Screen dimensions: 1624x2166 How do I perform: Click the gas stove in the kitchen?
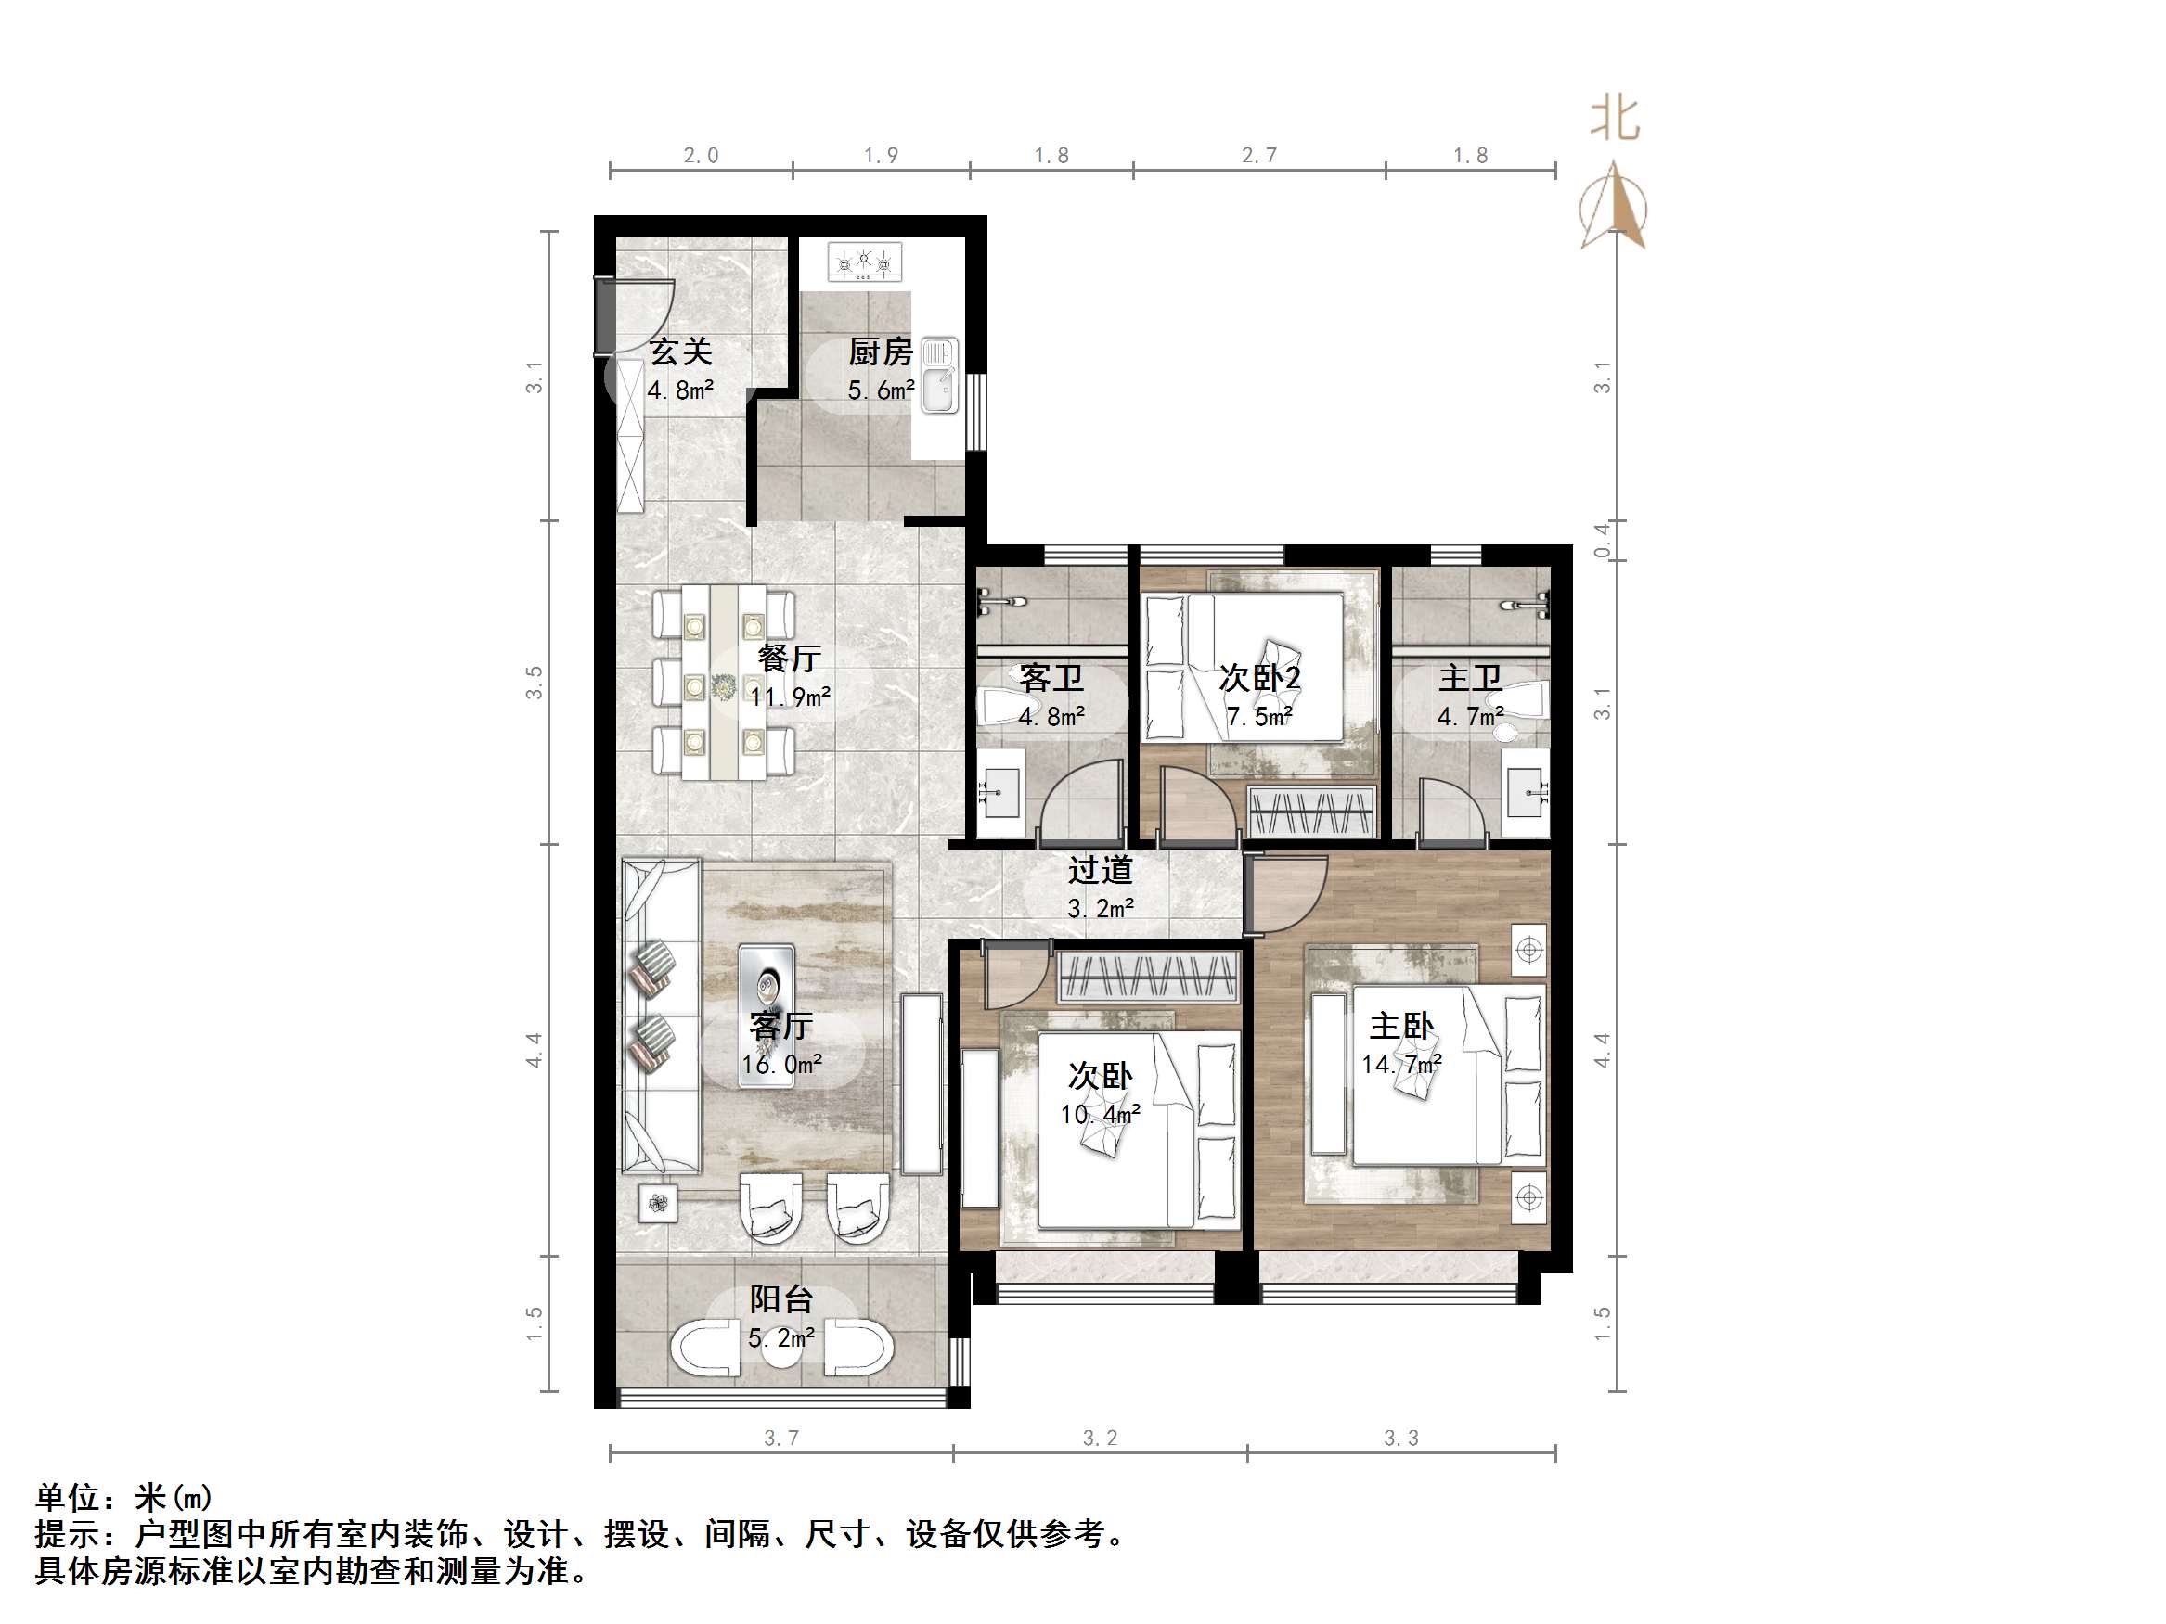pyautogui.click(x=865, y=262)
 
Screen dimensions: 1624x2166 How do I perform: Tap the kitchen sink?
pyautogui.click(x=938, y=376)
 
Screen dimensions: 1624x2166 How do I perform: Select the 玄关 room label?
pyautogui.click(x=680, y=352)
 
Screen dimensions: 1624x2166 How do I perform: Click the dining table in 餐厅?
pyautogui.click(x=724, y=682)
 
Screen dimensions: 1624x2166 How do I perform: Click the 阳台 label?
pyautogui.click(x=780, y=1300)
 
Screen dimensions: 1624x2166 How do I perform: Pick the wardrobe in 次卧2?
pyautogui.click(x=1310, y=812)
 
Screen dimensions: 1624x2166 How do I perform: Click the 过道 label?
pyautogui.click(x=1100, y=870)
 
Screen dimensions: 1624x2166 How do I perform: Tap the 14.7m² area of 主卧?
pyautogui.click(x=1401, y=1064)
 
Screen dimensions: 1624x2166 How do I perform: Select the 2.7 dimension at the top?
pyautogui.click(x=1258, y=156)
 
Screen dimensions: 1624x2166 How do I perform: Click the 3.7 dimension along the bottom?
pyautogui.click(x=780, y=1438)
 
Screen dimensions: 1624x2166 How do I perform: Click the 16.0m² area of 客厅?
pyautogui.click(x=780, y=1064)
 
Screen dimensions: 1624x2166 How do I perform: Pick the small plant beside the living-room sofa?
pyautogui.click(x=658, y=1203)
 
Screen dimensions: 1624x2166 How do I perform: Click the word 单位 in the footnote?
pyautogui.click(x=68, y=1498)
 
